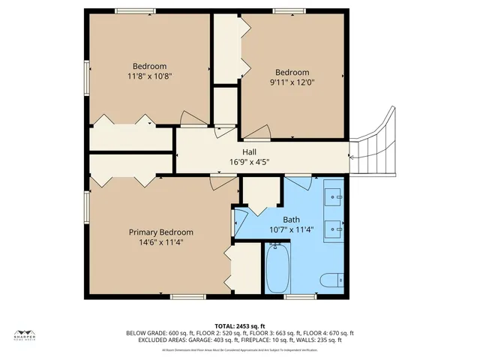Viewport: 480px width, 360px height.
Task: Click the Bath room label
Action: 292,220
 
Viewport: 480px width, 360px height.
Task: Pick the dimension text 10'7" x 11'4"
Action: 292,229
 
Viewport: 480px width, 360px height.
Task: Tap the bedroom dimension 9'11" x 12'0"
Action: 292,82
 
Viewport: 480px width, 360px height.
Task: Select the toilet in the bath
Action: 331,280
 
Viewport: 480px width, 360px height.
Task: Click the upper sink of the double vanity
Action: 334,196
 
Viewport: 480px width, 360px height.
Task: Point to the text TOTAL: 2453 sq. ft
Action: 239,325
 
